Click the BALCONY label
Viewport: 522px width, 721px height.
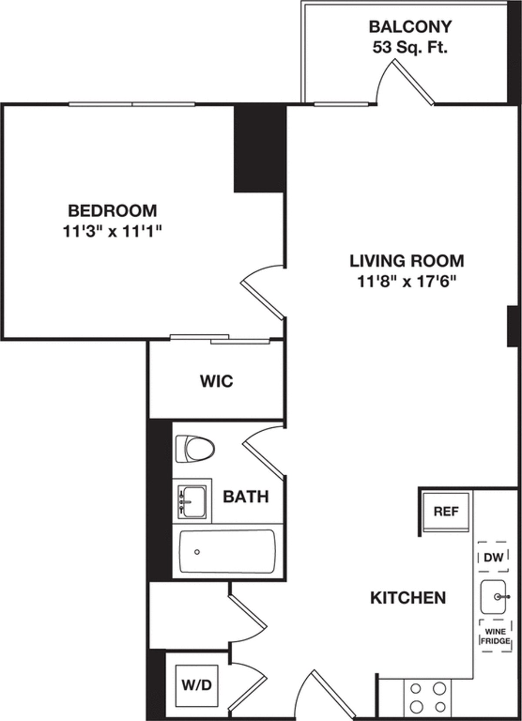coord(410,27)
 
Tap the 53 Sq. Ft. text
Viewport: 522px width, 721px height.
coord(410,47)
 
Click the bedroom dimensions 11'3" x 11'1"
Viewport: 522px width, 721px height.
coord(112,232)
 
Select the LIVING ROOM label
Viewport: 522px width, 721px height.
coord(407,261)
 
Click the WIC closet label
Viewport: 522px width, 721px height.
coord(216,381)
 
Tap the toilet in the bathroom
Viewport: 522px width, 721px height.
coord(195,449)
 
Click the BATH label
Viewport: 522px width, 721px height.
coord(246,496)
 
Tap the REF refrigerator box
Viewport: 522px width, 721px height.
coord(446,512)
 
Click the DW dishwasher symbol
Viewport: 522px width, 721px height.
coord(493,557)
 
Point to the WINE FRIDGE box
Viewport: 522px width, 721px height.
coord(494,635)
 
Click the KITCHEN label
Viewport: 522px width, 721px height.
coord(408,598)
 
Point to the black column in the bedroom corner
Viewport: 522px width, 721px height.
coord(260,148)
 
